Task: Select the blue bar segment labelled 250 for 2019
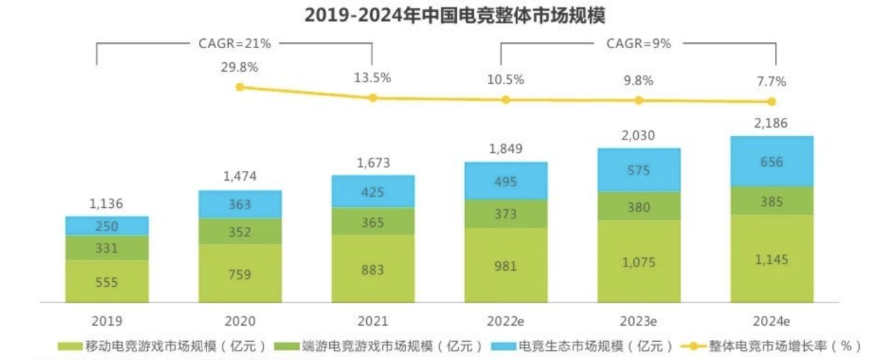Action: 107,226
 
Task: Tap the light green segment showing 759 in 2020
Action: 240,273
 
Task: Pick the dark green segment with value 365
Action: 372,220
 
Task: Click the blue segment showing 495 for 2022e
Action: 506,181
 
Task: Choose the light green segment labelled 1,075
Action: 638,261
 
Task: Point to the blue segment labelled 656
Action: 771,161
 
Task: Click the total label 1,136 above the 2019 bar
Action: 107,204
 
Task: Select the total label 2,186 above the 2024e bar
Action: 771,123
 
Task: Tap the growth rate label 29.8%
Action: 240,68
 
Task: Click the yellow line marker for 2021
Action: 372,98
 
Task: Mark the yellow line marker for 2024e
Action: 771,101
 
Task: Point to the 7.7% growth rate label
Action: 771,82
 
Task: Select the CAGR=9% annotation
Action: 638,43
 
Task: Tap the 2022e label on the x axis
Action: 506,322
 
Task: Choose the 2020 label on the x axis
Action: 240,322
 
